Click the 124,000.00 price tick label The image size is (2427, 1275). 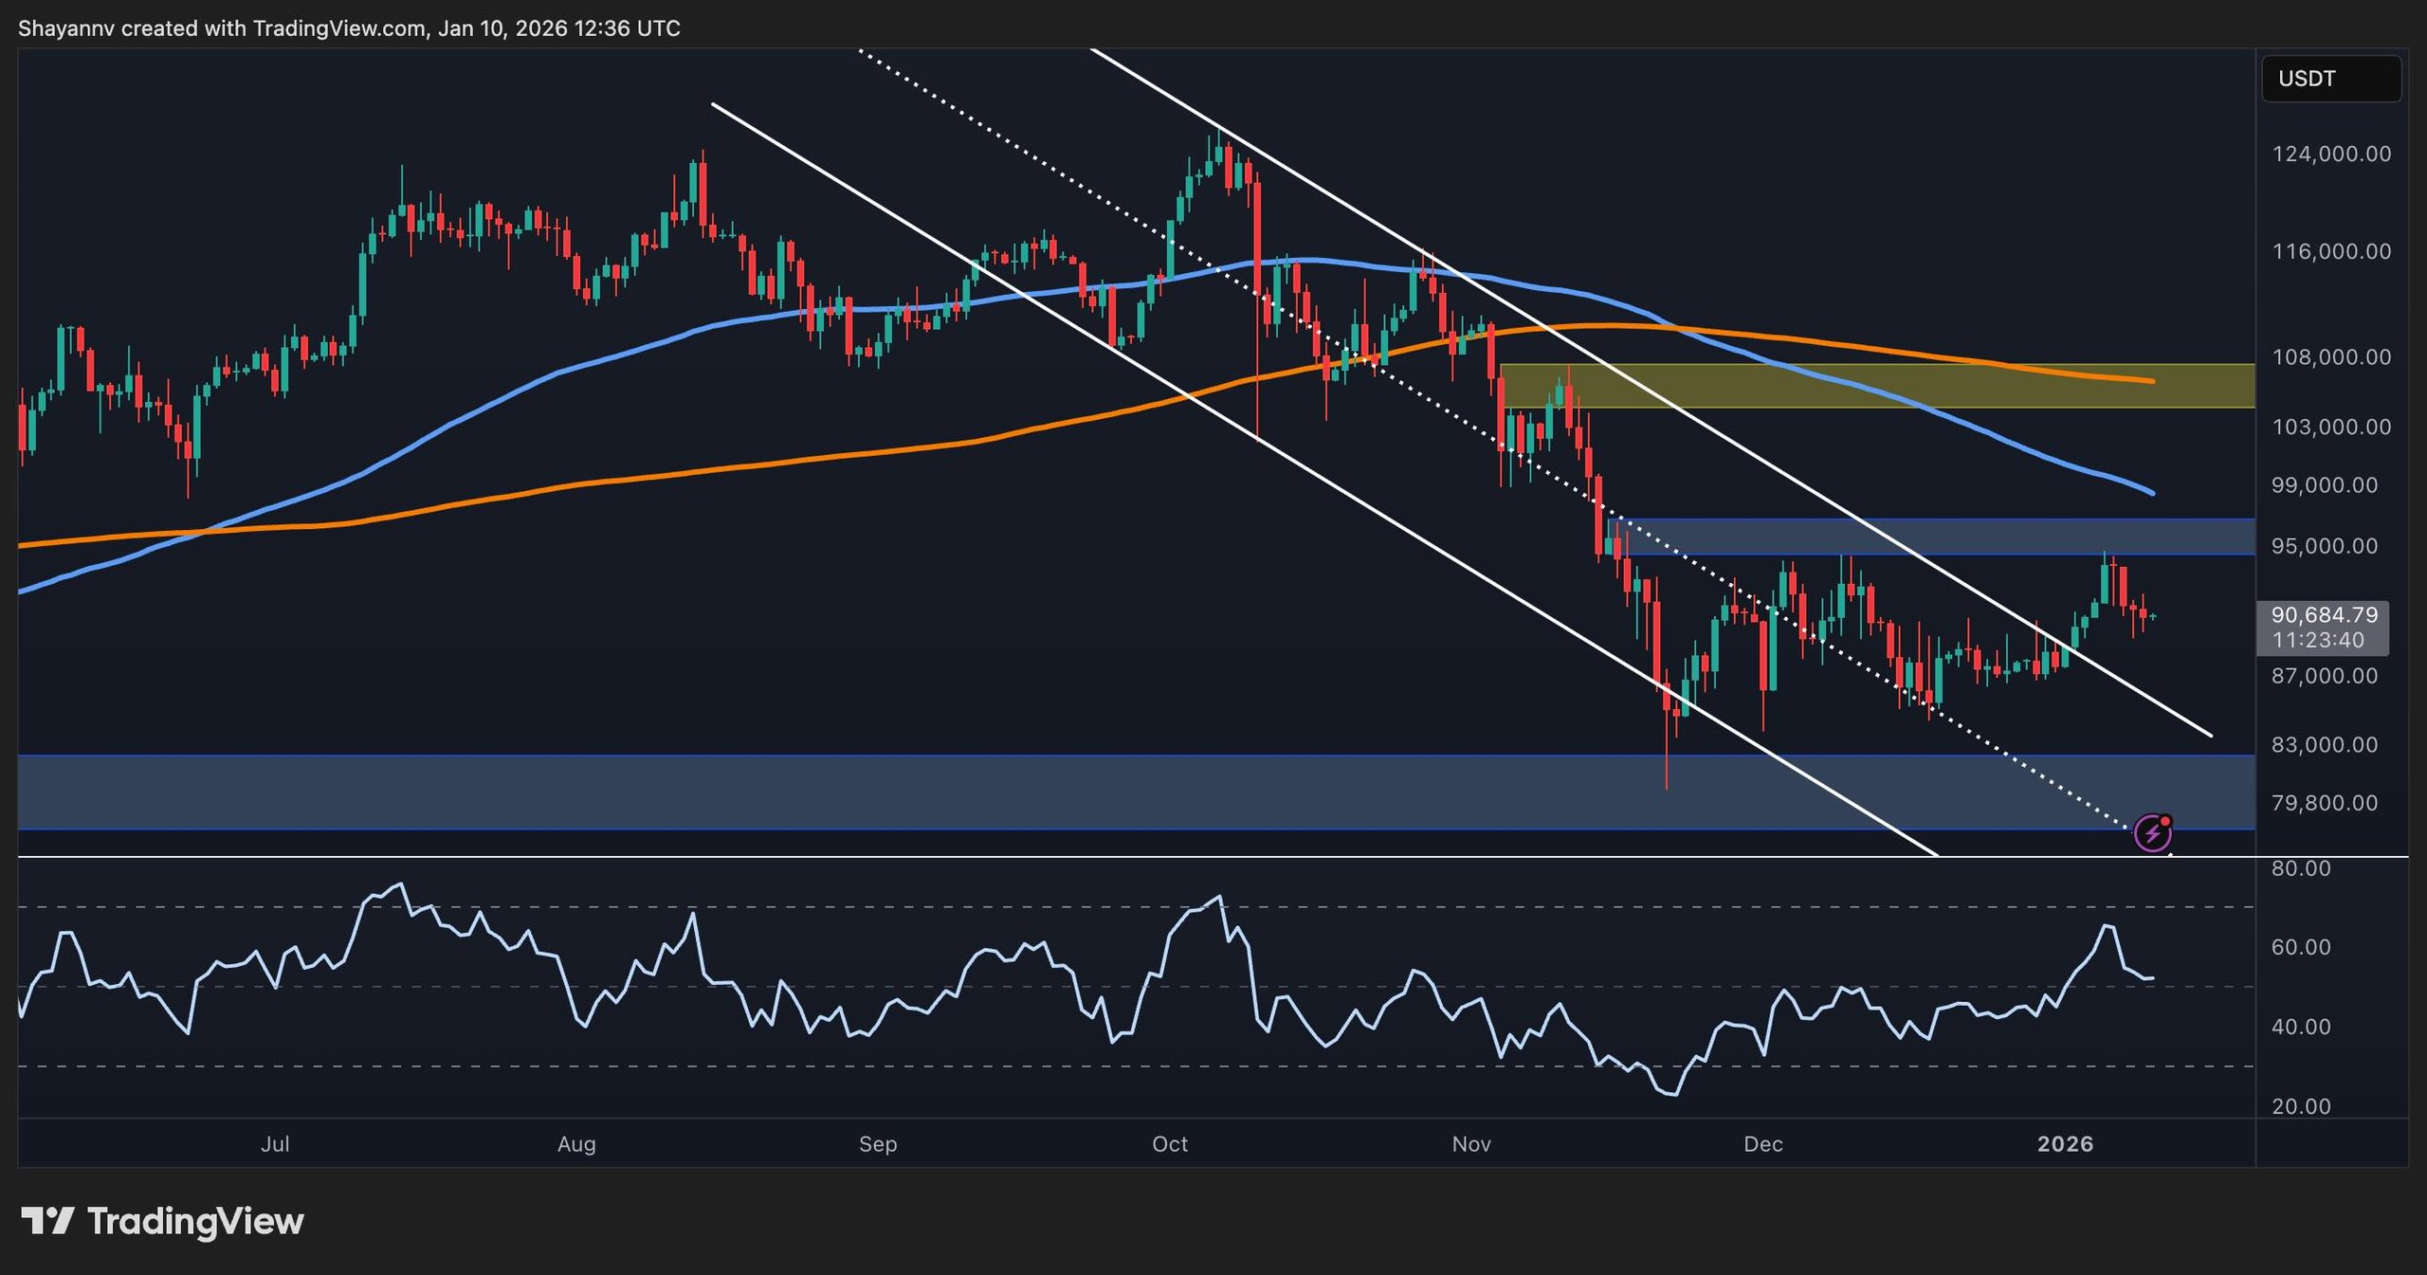point(2331,154)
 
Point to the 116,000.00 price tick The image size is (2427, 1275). point(2331,251)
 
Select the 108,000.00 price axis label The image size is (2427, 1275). point(2331,357)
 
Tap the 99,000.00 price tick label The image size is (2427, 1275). point(2331,485)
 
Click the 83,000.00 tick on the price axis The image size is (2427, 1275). point(2331,745)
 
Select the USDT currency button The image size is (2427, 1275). point(2331,79)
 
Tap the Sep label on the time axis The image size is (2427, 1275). point(878,1144)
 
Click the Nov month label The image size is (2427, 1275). point(1471,1144)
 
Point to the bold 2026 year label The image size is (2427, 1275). point(2065,1144)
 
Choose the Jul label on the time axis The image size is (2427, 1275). point(275,1144)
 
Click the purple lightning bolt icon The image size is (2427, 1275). point(2152,833)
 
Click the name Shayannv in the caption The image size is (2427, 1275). point(66,28)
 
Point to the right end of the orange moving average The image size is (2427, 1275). point(2152,381)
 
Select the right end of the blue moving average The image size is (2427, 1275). point(2152,493)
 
